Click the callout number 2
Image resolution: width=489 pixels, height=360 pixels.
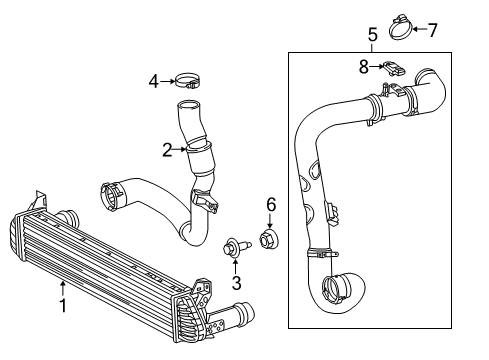168,149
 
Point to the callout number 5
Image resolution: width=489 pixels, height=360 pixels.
372,35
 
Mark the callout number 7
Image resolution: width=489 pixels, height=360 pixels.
432,29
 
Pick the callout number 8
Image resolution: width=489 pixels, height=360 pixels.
365,67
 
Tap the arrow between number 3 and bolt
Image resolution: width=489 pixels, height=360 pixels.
237,266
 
